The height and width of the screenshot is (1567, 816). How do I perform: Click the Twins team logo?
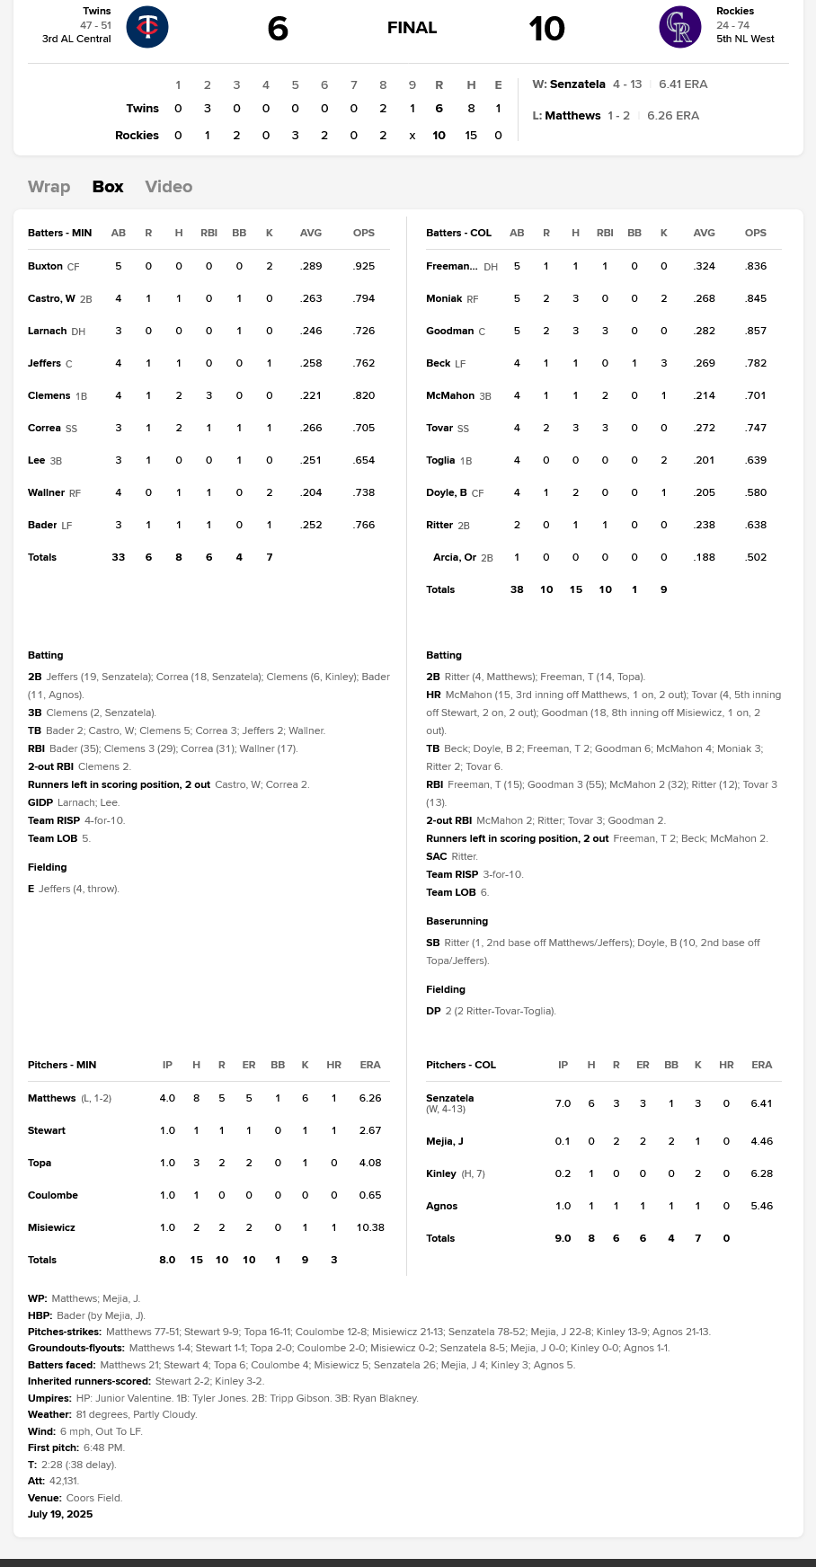pyautogui.click(x=147, y=27)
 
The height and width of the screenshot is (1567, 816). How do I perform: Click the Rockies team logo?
pyautogui.click(x=679, y=27)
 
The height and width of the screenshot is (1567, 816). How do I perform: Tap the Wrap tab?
pyautogui.click(x=49, y=187)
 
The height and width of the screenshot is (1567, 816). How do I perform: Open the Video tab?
pyautogui.click(x=168, y=187)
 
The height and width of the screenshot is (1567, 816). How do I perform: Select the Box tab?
pyautogui.click(x=108, y=187)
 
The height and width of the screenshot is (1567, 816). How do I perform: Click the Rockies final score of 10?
pyautogui.click(x=546, y=29)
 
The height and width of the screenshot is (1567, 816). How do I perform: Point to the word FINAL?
pyautogui.click(x=412, y=28)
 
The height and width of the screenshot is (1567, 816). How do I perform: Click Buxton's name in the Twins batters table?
pyautogui.click(x=45, y=267)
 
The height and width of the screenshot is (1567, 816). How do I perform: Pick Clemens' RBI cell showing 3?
pyautogui.click(x=208, y=396)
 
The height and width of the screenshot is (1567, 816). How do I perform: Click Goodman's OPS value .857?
pyautogui.click(x=756, y=332)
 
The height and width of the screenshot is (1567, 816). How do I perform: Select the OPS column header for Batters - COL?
pyautogui.click(x=755, y=233)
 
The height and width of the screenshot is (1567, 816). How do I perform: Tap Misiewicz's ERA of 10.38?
pyautogui.click(x=370, y=1227)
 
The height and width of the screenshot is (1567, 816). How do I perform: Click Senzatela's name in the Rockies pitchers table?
pyautogui.click(x=449, y=1098)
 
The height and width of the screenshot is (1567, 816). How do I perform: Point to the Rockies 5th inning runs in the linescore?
pyautogui.click(x=295, y=136)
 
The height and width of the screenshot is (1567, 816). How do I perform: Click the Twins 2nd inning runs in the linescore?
pyautogui.click(x=208, y=109)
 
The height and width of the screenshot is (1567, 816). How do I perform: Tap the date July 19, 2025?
pyautogui.click(x=60, y=1514)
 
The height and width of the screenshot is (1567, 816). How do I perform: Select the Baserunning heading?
pyautogui.click(x=457, y=921)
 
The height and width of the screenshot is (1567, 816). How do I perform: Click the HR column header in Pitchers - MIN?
pyautogui.click(x=333, y=1065)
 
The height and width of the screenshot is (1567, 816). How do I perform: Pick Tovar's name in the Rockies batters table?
pyautogui.click(x=439, y=429)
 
